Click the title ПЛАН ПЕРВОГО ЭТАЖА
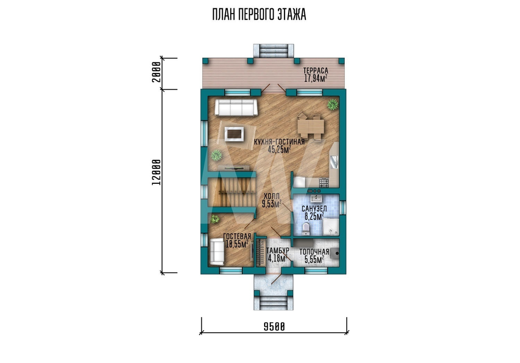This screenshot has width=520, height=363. point(259,15)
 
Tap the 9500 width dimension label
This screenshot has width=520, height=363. point(274,327)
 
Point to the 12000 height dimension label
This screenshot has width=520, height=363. point(156,172)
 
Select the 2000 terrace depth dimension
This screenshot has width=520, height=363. point(156,72)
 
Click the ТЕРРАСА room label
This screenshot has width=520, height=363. point(316,70)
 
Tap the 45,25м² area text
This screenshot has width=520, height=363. point(279,149)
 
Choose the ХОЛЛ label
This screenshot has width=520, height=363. point(271,196)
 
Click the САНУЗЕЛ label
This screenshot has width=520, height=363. point(314,208)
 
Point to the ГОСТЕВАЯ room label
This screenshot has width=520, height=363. point(237,236)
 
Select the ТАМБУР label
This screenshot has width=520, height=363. point(278,251)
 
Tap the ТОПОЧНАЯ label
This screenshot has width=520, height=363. point(315,252)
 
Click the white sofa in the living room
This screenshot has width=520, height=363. point(236,108)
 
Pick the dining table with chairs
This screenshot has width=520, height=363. point(310,127)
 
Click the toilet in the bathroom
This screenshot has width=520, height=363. point(306,228)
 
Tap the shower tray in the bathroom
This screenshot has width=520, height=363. point(331,227)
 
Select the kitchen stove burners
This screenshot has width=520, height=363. point(323,182)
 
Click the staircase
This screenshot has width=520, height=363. point(232,192)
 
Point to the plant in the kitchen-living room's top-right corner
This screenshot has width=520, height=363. point(332,104)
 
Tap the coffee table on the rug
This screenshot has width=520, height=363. point(235,134)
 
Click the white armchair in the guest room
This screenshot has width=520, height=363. point(217,252)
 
